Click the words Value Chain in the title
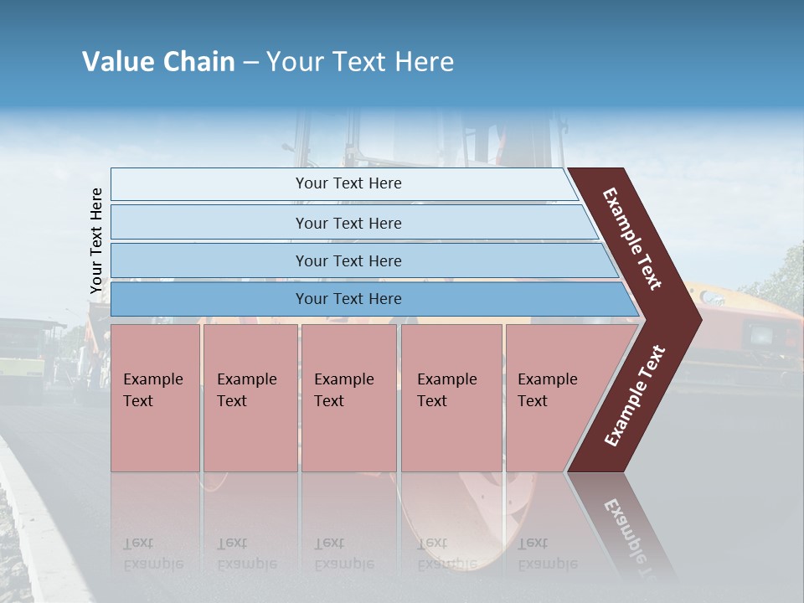pyautogui.click(x=158, y=62)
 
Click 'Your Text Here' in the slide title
pyautogui.click(x=360, y=62)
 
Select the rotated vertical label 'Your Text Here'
pyautogui.click(x=96, y=241)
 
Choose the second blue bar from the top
pyautogui.click(x=348, y=223)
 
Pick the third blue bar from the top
pyautogui.click(x=348, y=260)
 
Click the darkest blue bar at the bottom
pyautogui.click(x=348, y=299)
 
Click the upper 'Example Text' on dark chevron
pyautogui.click(x=633, y=239)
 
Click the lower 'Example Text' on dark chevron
pyautogui.click(x=635, y=396)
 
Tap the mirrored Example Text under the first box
pyautogui.click(x=152, y=554)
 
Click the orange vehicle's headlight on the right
pyautogui.click(x=762, y=336)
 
